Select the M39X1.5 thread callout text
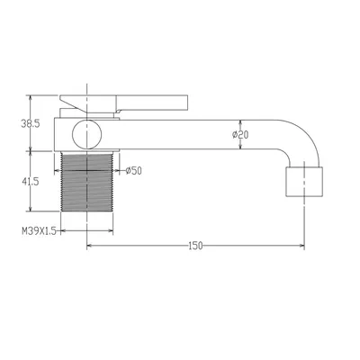39,230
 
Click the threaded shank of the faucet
87,184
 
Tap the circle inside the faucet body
87,134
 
